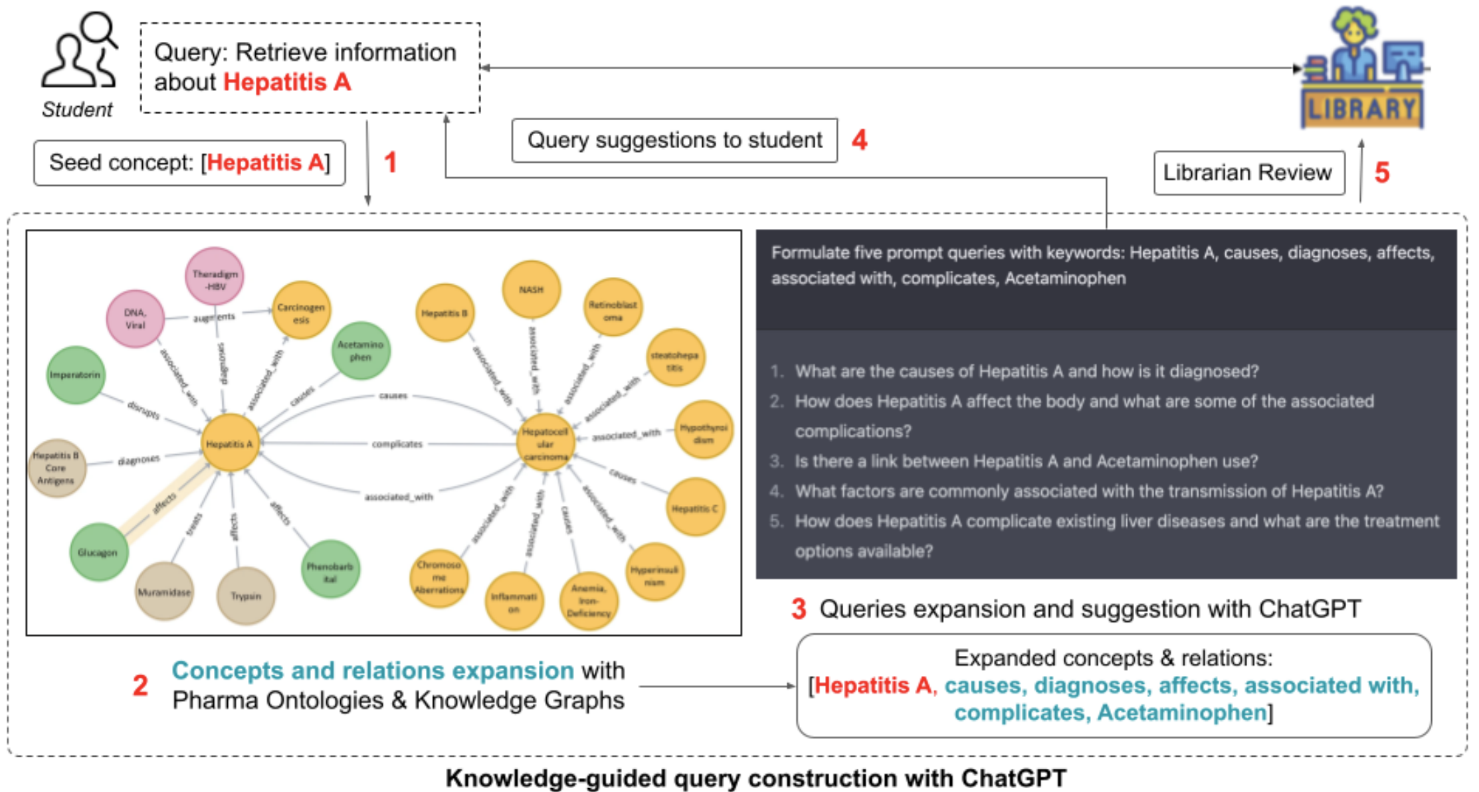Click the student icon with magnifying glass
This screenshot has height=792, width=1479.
pos(80,52)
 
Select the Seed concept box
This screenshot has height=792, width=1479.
pos(189,163)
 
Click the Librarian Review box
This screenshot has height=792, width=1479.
pos(1248,173)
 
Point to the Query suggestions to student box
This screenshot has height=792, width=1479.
pos(674,140)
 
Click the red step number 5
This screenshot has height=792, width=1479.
pos(1382,173)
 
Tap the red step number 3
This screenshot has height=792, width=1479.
pos(798,609)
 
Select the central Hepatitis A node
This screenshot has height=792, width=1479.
pos(229,443)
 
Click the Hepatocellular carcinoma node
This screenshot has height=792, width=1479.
pos(545,443)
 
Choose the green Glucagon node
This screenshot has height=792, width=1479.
pos(98,552)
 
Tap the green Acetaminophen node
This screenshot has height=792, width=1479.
pos(360,351)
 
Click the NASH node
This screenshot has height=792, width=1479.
pos(531,289)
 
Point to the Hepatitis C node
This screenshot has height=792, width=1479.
pos(694,509)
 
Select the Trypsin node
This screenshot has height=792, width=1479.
pos(245,596)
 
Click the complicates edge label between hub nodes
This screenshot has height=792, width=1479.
pos(397,443)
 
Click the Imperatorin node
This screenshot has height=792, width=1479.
pos(75,375)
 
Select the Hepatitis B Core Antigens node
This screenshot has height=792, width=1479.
pos(56,468)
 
